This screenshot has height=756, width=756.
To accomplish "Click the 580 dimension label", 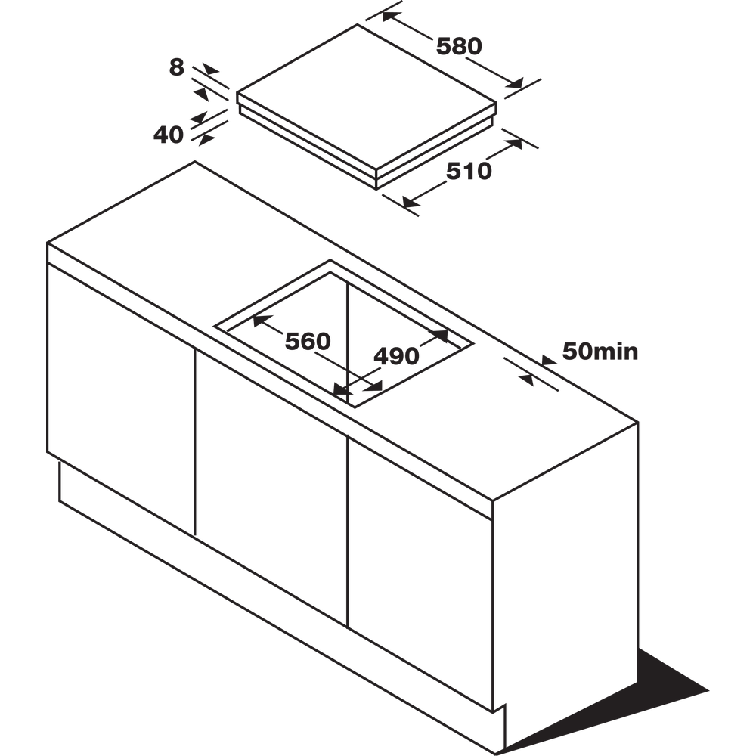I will [x=459, y=47].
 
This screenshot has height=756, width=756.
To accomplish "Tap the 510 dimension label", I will [x=468, y=172].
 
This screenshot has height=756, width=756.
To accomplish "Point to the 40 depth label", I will [x=169, y=135].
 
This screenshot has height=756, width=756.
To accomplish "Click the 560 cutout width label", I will [x=308, y=341].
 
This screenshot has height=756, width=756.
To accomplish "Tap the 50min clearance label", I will [x=601, y=352].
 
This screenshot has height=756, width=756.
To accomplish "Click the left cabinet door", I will [x=121, y=393].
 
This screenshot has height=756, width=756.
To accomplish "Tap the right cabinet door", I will [x=420, y=556].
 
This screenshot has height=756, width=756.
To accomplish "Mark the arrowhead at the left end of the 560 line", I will [x=258, y=321].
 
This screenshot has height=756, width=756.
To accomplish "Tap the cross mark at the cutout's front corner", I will [x=344, y=392].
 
